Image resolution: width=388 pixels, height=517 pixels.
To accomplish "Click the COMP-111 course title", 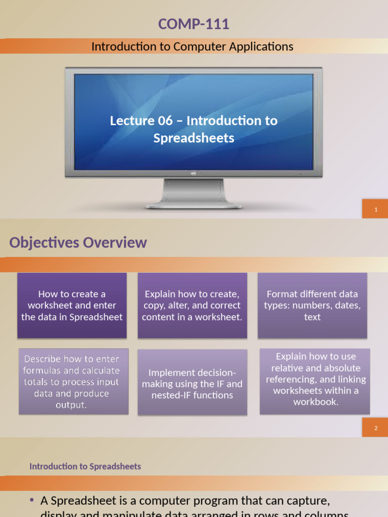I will [193, 24].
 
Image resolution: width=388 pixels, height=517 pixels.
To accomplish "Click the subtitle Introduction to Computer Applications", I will [192, 46].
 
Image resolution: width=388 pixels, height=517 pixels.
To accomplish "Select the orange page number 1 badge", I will [376, 210].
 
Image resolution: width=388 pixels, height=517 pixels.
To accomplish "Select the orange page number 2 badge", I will [376, 428].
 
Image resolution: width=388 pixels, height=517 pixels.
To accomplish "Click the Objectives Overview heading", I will [78, 243].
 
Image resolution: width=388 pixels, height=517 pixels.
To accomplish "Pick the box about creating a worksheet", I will [72, 305].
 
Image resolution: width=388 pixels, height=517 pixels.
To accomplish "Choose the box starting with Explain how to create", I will [192, 305].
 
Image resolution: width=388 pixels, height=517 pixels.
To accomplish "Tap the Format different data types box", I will [312, 305].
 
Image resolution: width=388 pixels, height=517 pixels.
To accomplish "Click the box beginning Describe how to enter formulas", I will [72, 382].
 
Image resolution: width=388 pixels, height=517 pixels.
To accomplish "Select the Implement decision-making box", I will [192, 384].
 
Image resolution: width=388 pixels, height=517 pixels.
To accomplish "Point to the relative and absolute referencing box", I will [315, 380].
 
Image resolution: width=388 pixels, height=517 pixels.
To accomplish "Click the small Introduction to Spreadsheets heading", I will [85, 467].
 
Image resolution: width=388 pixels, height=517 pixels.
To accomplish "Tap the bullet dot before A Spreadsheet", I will [32, 500].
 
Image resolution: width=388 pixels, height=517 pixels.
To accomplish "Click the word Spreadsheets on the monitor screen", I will [194, 138].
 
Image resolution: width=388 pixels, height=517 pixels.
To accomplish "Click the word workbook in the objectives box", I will [315, 402].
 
